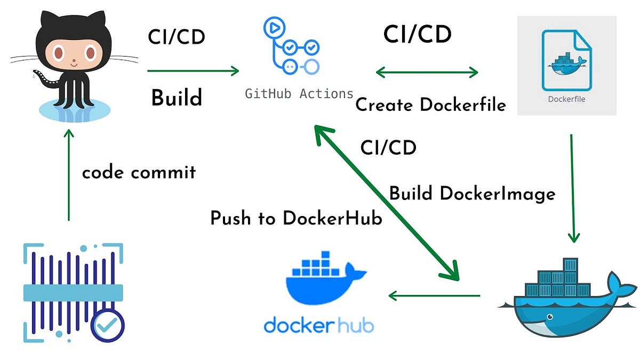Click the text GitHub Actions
[299, 94]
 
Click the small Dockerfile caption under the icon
[566, 99]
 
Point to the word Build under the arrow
[177, 98]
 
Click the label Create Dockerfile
[430, 105]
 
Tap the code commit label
[139, 172]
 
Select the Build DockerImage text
[472, 193]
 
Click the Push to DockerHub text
[296, 218]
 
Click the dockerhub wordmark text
[318, 324]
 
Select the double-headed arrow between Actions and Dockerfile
[427, 71]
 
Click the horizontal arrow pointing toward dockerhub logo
[434, 295]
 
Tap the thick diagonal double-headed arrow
[386, 203]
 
